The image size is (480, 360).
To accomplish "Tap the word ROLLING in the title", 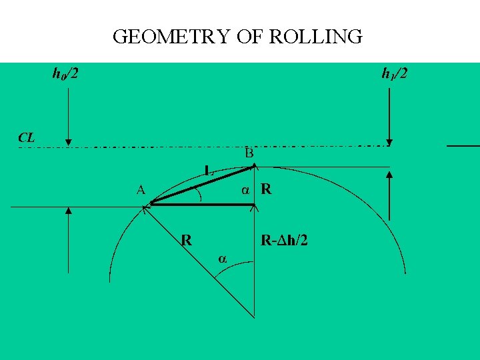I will coord(316,36).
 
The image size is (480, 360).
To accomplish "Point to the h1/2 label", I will coord(394,73).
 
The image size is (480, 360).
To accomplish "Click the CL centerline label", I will coord(27,138).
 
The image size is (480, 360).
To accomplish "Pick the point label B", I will coord(249,153).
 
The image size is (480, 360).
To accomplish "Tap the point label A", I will coord(141,189).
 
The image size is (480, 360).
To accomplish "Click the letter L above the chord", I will coord(209,171).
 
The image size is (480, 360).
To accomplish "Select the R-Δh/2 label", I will coord(284,241).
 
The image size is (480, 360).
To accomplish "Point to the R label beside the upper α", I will coord(266,189).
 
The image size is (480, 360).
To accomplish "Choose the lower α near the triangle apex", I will coord(223,258).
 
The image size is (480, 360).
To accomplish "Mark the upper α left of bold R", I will coord(245,189).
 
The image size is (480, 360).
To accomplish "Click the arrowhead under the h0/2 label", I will coord(69,141).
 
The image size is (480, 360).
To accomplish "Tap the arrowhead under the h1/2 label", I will coord(390,141).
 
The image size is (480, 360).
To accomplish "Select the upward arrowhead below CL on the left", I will coord(69,211).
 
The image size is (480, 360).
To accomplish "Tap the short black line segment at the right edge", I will coord(463,145).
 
